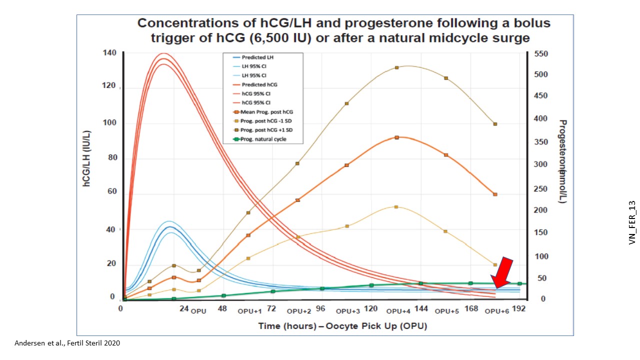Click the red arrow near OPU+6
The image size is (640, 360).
(503, 273)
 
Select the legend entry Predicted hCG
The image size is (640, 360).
(259, 84)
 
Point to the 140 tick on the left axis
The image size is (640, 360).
(110, 53)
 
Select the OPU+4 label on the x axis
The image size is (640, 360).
(398, 311)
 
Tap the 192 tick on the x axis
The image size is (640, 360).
(519, 309)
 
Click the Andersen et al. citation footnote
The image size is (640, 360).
(67, 343)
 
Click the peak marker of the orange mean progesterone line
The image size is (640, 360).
(396, 137)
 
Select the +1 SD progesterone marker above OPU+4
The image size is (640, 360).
(396, 67)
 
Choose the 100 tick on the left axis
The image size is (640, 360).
(110, 123)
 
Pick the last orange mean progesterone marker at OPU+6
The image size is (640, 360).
(495, 194)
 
